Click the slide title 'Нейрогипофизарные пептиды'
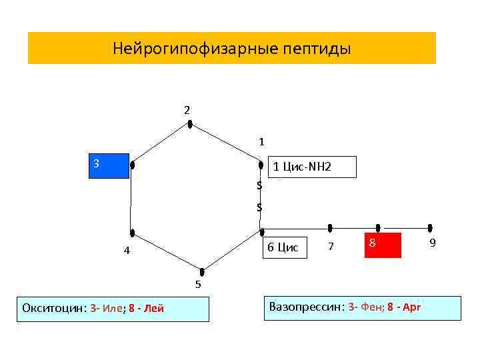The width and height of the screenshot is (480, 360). click(x=231, y=49)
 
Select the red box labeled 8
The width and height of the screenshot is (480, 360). click(x=383, y=245)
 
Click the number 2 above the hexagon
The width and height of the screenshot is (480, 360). click(x=187, y=109)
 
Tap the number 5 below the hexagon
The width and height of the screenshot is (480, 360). click(x=198, y=285)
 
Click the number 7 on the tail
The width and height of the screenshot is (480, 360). click(x=331, y=247)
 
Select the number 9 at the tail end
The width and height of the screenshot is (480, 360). click(x=433, y=243)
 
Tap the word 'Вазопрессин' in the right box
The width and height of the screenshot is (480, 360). click(x=305, y=307)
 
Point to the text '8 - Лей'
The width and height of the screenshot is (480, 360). click(x=146, y=308)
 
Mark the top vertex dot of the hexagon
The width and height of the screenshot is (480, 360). click(x=190, y=124)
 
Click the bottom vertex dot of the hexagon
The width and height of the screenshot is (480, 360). click(x=201, y=271)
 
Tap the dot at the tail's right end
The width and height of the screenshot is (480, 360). click(x=431, y=228)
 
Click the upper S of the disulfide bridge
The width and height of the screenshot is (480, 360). click(x=259, y=185)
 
